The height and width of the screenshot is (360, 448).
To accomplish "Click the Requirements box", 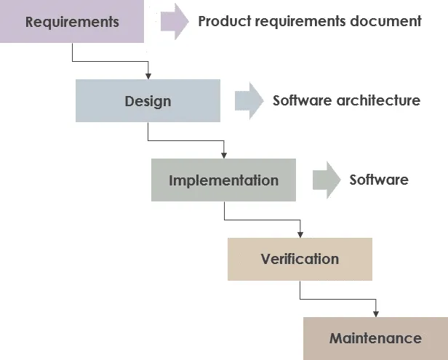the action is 72,21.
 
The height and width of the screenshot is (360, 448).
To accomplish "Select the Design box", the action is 148,100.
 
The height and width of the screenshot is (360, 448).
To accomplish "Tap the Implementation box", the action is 223,180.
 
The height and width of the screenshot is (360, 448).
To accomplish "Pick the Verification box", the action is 300,259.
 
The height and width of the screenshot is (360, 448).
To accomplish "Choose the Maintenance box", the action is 375,339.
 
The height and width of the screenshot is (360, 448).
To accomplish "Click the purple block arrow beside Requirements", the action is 175,21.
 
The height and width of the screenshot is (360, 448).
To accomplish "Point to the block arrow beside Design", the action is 249,100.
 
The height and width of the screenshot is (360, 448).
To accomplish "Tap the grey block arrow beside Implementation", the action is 327,180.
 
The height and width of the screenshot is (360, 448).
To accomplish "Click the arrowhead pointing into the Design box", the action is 148,76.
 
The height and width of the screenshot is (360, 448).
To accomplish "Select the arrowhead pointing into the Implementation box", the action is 224,155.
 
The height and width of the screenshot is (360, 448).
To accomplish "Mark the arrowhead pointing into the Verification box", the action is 300,234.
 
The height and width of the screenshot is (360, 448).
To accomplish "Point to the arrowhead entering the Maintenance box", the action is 376,313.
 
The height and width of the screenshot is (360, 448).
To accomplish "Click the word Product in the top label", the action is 225,21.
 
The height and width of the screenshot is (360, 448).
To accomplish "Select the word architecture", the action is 378,100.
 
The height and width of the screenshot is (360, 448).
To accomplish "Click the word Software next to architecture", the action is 303,100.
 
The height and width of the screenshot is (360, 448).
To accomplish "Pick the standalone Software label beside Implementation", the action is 379,180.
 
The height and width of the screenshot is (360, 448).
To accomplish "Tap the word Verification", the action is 300,259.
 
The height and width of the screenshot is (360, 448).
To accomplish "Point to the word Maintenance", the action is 375,338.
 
